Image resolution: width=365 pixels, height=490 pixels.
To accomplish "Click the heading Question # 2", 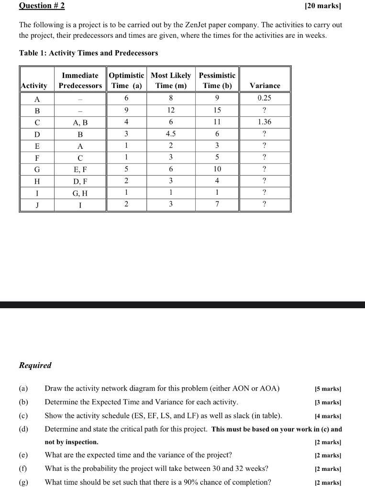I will coord(42,6).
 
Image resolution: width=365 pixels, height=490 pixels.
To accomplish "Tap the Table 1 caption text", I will coord(88,53).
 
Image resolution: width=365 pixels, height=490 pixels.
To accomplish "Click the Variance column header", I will coord(265,86).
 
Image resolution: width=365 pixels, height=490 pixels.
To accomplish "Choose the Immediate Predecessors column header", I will coord(80,80).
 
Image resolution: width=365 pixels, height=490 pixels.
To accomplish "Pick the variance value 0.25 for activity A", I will coord(265,99).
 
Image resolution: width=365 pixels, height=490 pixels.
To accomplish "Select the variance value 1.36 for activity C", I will coord(265,122).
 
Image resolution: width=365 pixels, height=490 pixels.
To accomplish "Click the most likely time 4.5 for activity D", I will coord(171,134).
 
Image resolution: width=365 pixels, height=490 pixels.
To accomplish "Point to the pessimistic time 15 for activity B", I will coord(217,111).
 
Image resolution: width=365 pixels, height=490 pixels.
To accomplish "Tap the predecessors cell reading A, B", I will coord(80,122).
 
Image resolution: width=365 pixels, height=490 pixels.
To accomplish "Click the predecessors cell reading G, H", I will coord(80,193).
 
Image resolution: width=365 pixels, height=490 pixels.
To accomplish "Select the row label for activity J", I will coord(37,205).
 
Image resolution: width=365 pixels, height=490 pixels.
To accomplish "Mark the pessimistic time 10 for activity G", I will coord(217,169).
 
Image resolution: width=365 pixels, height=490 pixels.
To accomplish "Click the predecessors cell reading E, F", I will coord(80,169).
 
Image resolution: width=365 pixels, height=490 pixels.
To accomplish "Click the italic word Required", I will coord(35,366).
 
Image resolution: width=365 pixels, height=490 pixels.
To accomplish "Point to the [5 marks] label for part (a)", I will coord(328,389).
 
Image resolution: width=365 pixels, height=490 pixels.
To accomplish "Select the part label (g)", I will coord(23,482).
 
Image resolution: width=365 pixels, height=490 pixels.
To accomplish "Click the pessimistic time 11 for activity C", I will coord(217,122).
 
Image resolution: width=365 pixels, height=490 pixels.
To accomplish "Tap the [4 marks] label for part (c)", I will coord(328,416).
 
